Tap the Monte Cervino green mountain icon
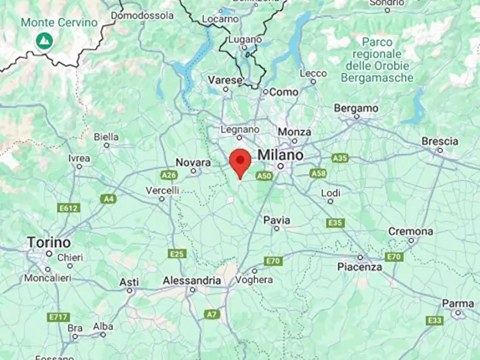(x=44, y=40)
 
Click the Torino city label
(x=49, y=242)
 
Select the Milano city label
(x=280, y=155)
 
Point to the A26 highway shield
(x=169, y=175)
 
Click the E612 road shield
(x=69, y=208)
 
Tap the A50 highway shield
(x=264, y=176)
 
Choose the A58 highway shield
(x=318, y=173)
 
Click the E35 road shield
(x=335, y=222)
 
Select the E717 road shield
(x=58, y=317)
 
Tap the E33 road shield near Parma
(x=434, y=320)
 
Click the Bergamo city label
(x=356, y=108)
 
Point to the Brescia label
(x=440, y=141)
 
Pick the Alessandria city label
(x=192, y=280)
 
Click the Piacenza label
(x=360, y=267)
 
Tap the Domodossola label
(x=142, y=16)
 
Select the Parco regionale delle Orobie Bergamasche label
(x=377, y=60)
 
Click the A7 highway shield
(x=212, y=314)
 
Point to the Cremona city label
(x=411, y=232)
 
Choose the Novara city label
(x=194, y=162)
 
